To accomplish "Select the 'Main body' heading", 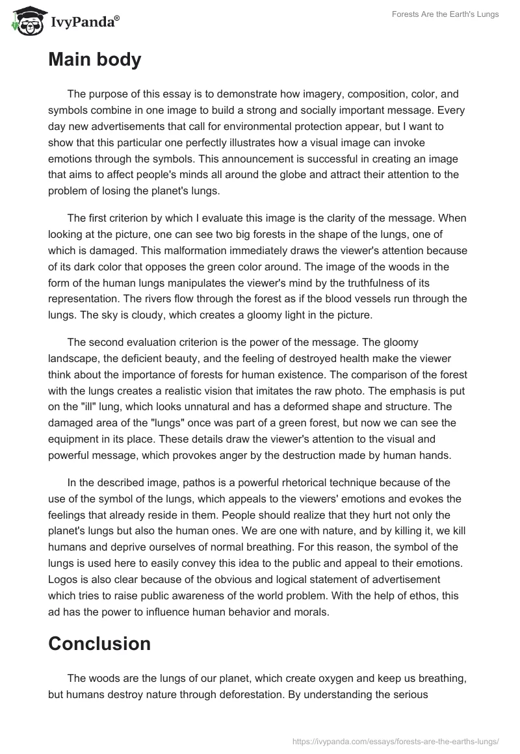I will (x=94, y=60).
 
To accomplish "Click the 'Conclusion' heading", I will (x=99, y=643).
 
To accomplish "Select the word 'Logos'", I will (x=64, y=578).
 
